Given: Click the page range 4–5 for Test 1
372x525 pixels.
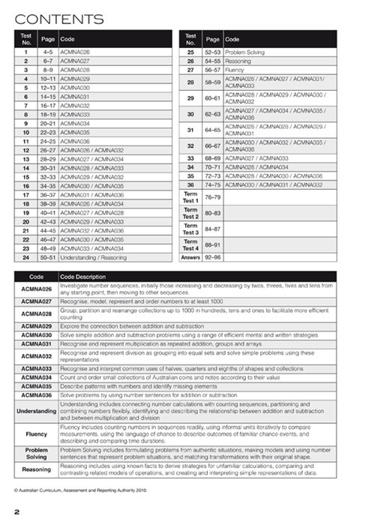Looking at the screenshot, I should (x=46, y=52).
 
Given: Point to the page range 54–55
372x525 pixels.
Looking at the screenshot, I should (x=212, y=61).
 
